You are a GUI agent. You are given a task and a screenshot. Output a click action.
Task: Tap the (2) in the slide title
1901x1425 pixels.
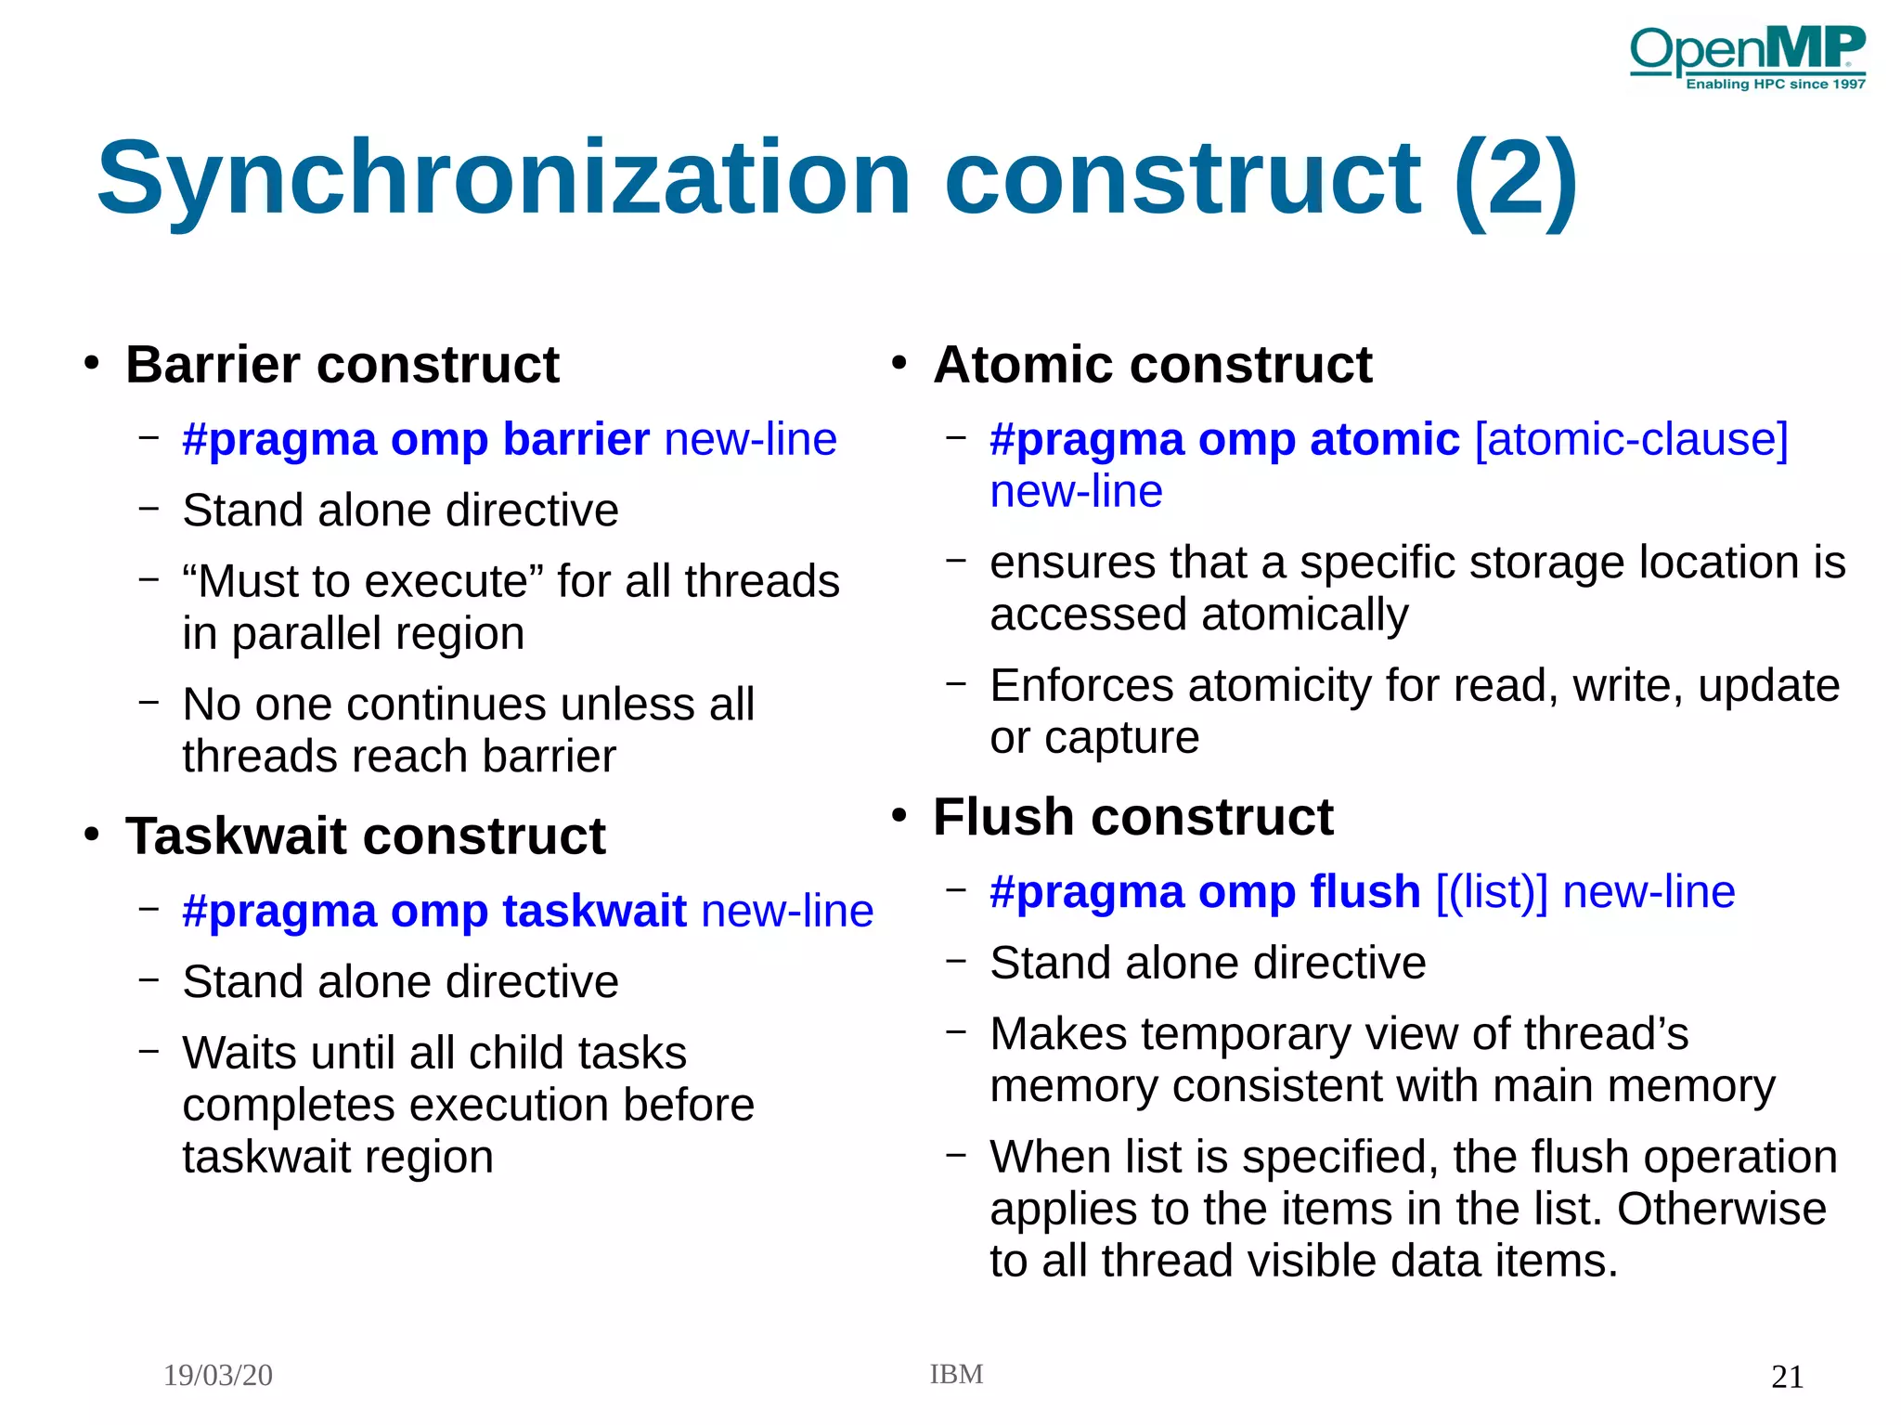(1515, 178)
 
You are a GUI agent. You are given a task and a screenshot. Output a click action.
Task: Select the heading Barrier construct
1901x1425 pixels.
(342, 364)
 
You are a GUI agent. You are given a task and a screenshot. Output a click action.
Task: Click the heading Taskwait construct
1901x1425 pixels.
(365, 836)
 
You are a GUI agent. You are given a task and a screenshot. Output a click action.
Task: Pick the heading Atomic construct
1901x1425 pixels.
(1152, 364)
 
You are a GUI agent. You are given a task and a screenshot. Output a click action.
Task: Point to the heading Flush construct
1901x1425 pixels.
(1132, 817)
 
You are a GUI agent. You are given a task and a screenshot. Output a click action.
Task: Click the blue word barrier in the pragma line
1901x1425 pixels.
(575, 439)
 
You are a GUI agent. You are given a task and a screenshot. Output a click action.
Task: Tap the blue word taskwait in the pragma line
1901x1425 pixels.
(594, 911)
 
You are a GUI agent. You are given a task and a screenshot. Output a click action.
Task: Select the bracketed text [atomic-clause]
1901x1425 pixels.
(1631, 439)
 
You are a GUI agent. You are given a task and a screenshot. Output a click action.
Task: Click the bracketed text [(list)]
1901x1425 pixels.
(1492, 892)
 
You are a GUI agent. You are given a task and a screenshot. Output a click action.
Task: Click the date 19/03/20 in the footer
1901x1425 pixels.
(218, 1375)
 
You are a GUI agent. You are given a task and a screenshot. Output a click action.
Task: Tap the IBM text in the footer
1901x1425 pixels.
(956, 1374)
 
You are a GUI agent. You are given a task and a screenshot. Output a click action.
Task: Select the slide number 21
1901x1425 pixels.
(1787, 1377)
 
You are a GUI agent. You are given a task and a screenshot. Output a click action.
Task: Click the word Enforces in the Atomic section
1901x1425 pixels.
(1081, 686)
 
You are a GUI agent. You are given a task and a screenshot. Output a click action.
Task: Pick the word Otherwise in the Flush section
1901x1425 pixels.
(1721, 1209)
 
